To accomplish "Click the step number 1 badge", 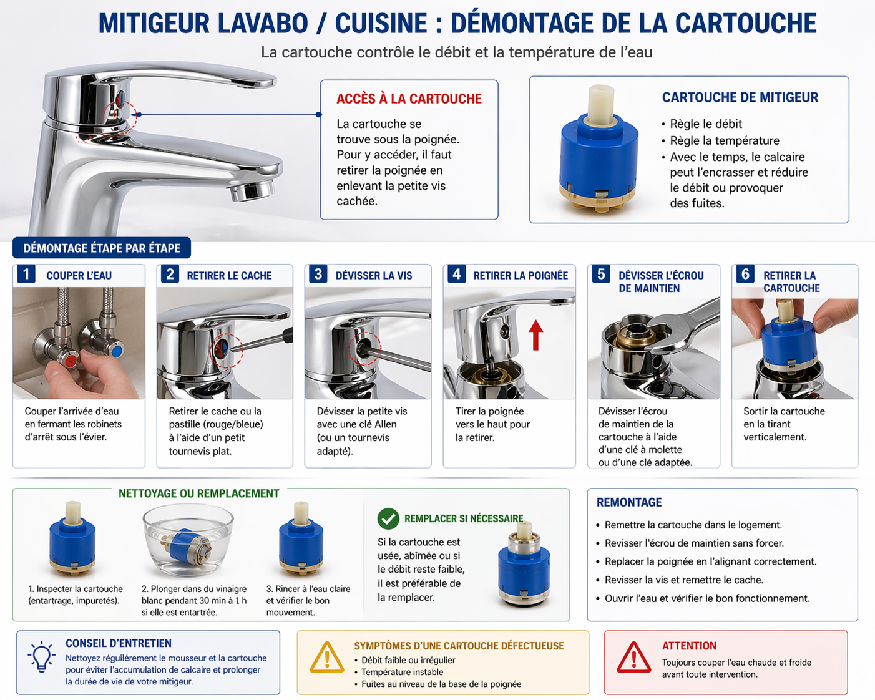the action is point(26,275).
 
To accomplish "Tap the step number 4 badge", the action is point(457,275).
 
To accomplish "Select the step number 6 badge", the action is point(745,275).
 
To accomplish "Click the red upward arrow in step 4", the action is point(536,335).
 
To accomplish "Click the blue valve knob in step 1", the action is point(117,350).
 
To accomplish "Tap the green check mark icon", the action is point(388,518).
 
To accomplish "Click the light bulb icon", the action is point(41,656).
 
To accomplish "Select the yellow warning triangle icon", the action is point(327,658).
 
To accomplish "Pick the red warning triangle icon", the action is point(634,658).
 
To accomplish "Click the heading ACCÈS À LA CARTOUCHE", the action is point(409,99).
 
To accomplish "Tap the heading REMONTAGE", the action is point(629,502).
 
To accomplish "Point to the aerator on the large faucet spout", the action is point(252,190).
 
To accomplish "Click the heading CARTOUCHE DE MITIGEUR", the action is point(740,97).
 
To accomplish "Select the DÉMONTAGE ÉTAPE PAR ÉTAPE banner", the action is point(102,248).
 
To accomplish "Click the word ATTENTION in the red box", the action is point(689,646).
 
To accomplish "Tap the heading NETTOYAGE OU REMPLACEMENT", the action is point(199,493).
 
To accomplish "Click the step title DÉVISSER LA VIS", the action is point(374,276).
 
